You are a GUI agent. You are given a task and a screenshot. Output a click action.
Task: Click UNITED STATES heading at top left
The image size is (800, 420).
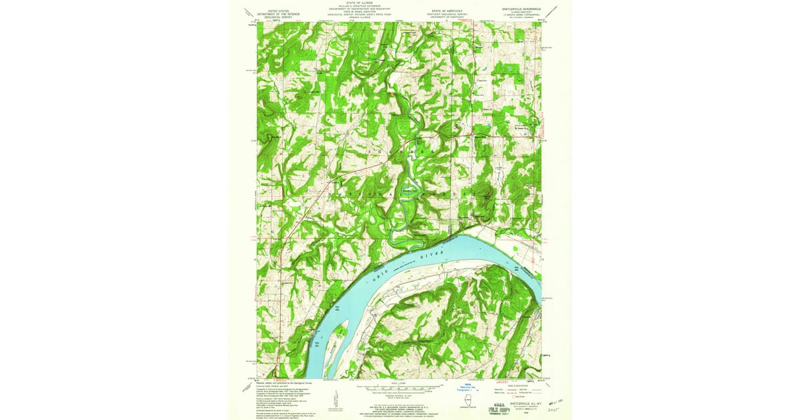click(280, 12)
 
